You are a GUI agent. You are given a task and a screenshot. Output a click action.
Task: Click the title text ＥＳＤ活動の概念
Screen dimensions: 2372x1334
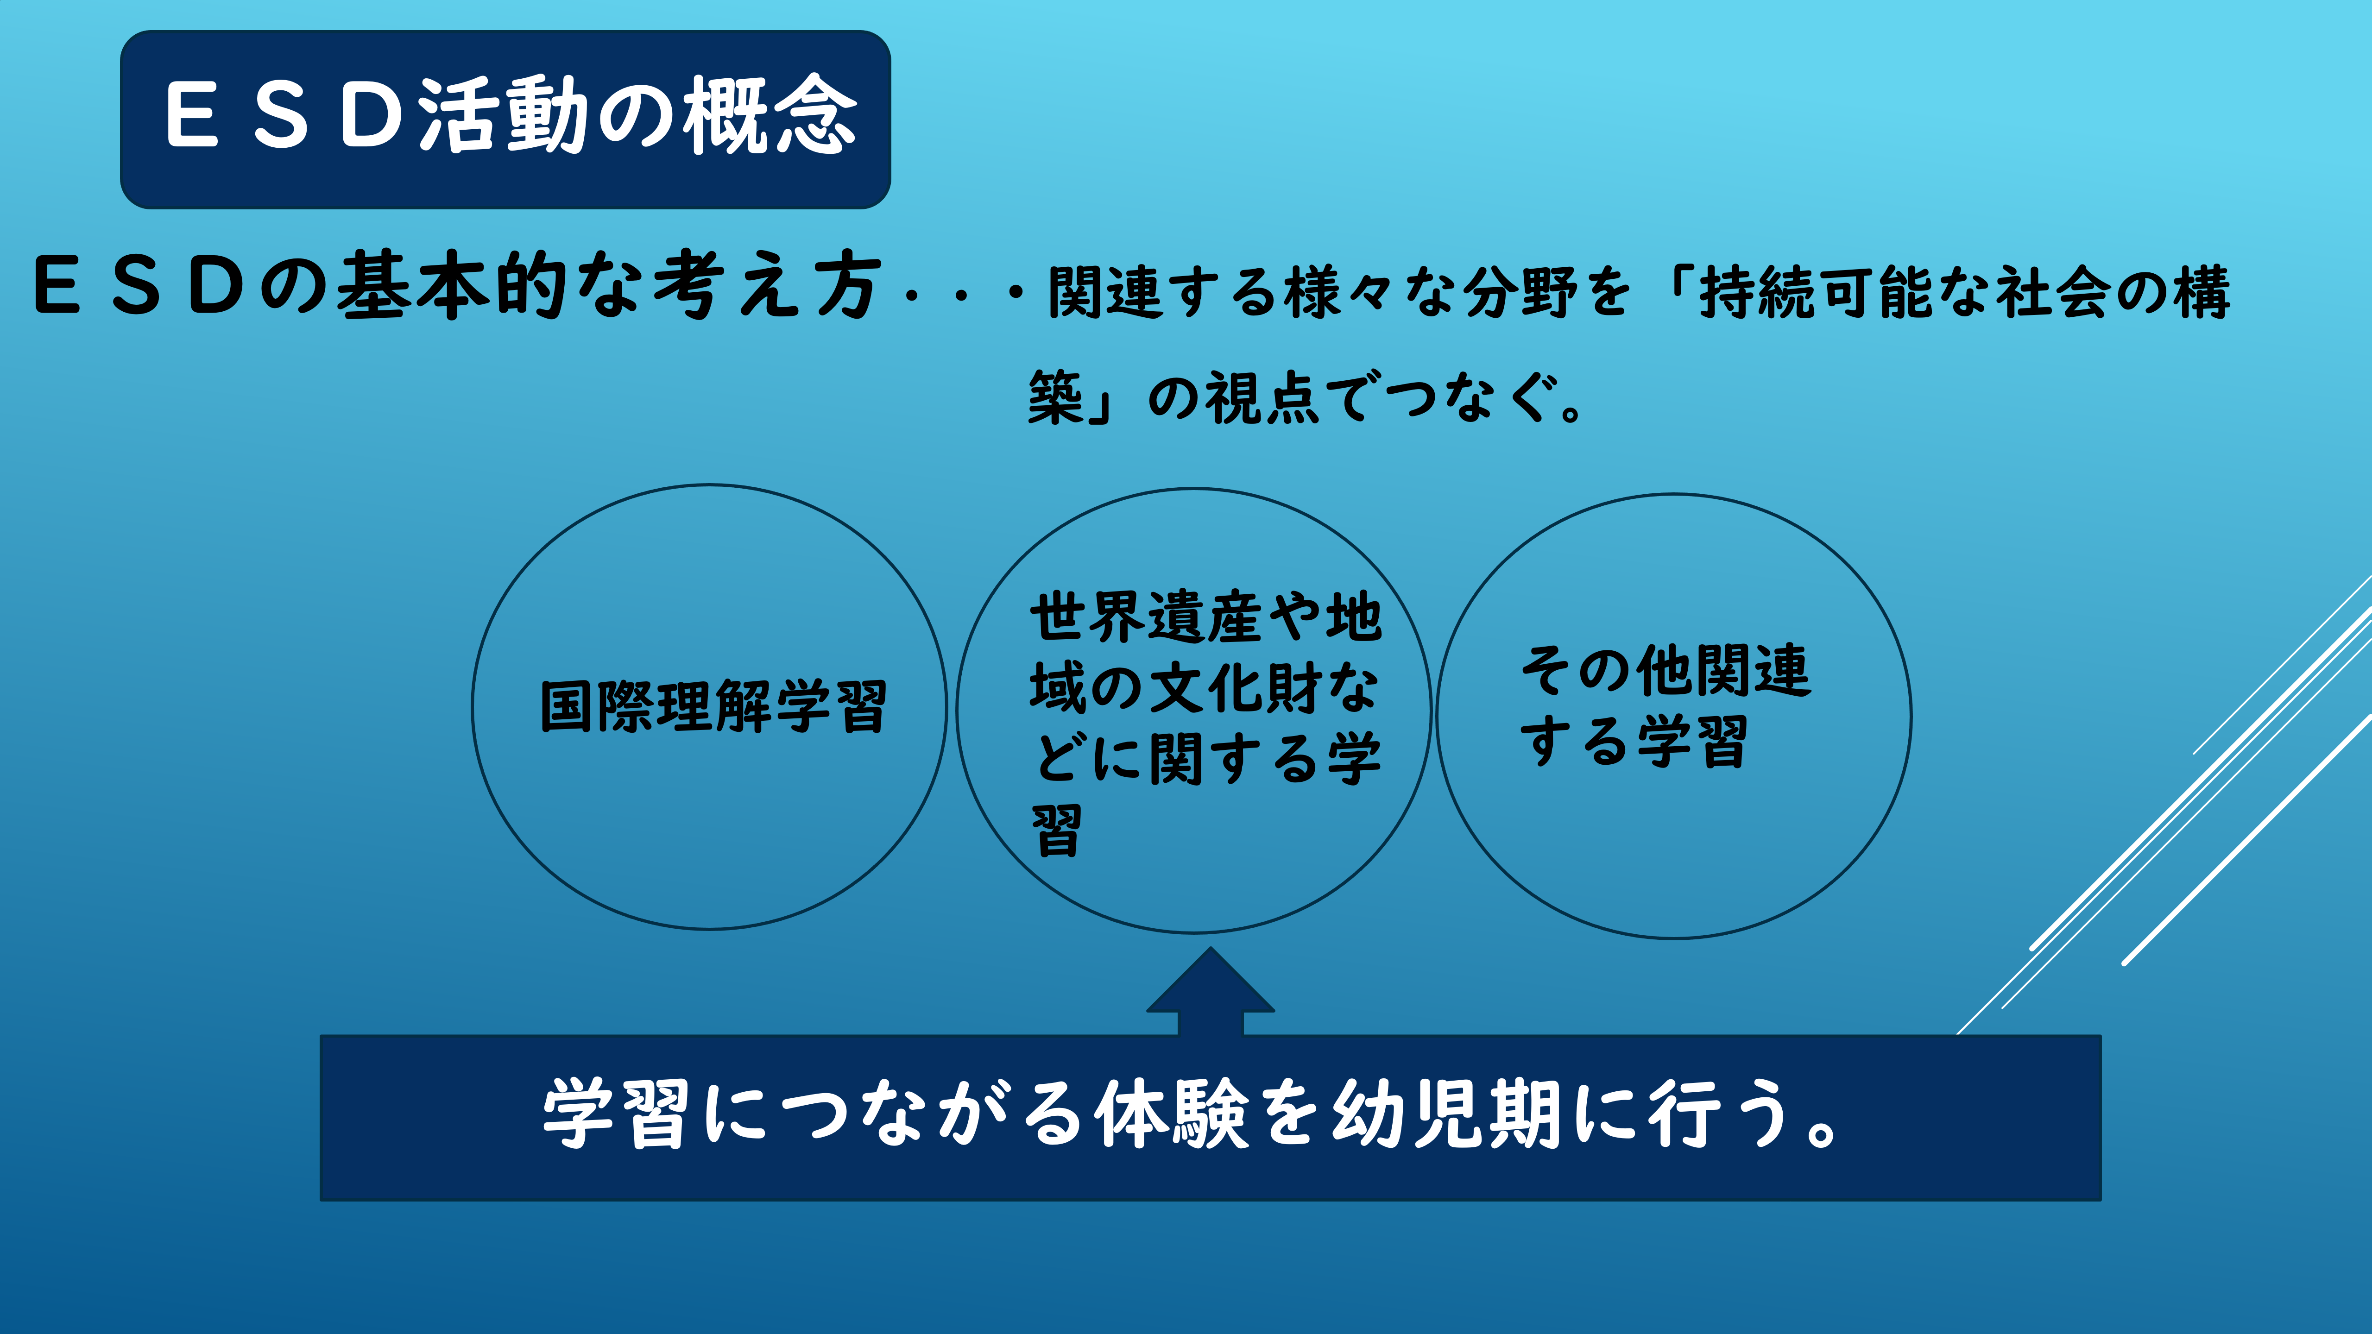(x=511, y=115)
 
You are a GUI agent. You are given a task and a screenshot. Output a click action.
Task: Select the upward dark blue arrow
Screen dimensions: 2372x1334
(x=1211, y=993)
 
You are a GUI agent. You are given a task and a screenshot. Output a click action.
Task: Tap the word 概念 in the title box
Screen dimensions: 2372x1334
(x=772, y=115)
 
